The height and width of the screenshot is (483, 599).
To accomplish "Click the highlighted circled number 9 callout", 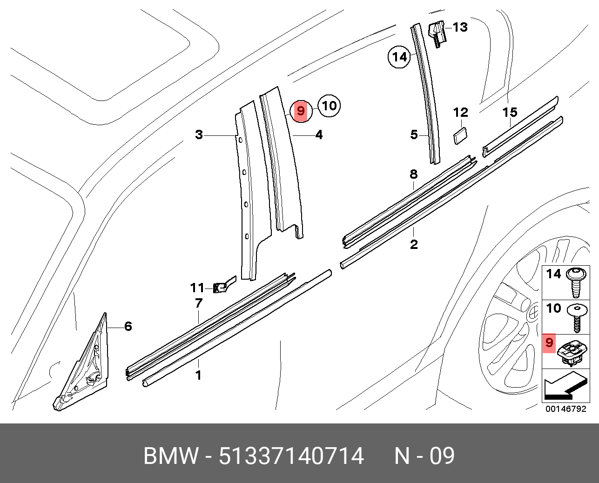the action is click(x=300, y=111).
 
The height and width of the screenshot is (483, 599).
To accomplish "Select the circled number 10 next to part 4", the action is click(x=329, y=106).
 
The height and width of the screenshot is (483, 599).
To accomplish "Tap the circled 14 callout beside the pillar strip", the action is click(x=399, y=57).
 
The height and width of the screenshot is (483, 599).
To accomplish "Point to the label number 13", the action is click(x=460, y=27).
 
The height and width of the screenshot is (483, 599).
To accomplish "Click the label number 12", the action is click(x=460, y=112).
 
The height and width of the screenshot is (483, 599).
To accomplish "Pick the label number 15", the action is click(x=510, y=112).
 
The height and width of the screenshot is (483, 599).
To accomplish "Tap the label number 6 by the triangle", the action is click(x=128, y=327).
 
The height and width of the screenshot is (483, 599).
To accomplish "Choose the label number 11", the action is click(x=197, y=288).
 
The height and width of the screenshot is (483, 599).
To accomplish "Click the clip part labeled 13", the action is click(x=437, y=34).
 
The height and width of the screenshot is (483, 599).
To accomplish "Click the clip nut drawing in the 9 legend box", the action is click(x=572, y=352).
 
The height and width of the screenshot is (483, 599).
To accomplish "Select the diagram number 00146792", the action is click(x=565, y=409).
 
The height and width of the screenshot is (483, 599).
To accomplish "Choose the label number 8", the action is click(x=413, y=175).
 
